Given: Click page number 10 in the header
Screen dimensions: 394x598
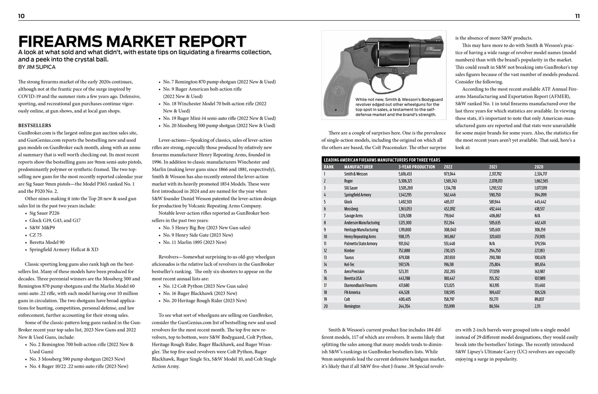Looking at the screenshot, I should pyautogui.click(x=22, y=16).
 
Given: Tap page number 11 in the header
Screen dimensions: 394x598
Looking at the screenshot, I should pyautogui.click(x=577, y=16).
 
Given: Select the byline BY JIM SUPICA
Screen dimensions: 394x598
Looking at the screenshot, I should pyautogui.click(x=37, y=67).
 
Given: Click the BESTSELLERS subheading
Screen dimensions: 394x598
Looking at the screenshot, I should pyautogui.click(x=35, y=125).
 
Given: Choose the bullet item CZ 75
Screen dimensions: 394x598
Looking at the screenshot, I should pyautogui.click(x=36, y=235).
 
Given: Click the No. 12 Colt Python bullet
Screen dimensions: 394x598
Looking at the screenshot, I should pyautogui.click(x=205, y=286).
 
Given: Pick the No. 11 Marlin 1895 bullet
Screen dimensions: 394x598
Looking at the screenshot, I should pyautogui.click(x=195, y=242).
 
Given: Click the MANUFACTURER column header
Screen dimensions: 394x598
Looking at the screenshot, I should pyautogui.click(x=358, y=167).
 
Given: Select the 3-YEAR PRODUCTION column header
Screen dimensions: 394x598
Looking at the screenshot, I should pyautogui.click(x=416, y=167).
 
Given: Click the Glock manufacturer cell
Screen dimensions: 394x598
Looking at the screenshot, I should pyautogui.click(x=348, y=202).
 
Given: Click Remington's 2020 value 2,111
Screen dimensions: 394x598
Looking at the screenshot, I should pyautogui.click(x=537, y=306).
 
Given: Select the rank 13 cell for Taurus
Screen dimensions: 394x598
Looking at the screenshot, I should pyautogui.click(x=325, y=258).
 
